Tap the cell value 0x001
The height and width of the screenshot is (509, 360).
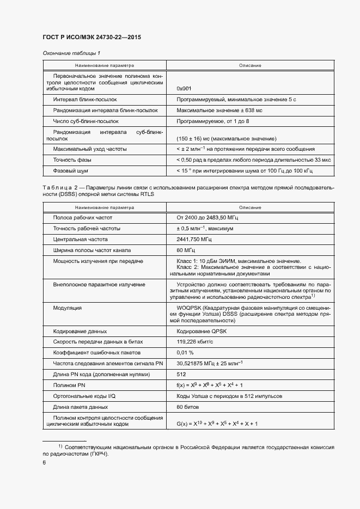pos(184,88)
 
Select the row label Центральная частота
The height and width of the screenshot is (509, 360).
pos(80,239)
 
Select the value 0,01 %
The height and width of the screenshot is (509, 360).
pos(186,353)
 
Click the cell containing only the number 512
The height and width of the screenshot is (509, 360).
pos(182,375)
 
